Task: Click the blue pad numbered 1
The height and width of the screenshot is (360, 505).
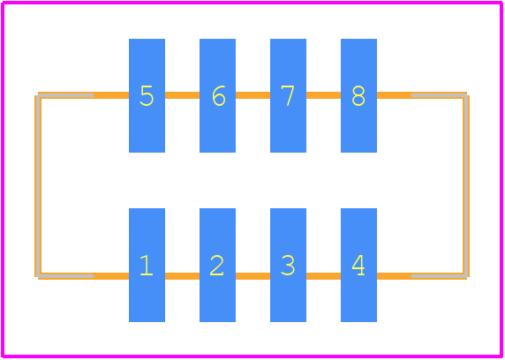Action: pos(147,265)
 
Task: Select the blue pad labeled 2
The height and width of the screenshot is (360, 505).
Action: pos(217,265)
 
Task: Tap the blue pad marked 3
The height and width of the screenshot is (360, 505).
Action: pos(288,265)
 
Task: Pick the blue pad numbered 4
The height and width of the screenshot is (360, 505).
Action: pos(358,265)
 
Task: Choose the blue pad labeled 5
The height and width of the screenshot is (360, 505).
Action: pos(147,95)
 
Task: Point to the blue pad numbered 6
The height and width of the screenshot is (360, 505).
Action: pos(217,95)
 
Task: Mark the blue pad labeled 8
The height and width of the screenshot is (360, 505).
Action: pos(358,95)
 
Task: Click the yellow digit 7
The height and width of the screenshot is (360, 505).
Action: pos(288,95)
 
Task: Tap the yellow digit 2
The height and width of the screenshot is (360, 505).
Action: pos(217,265)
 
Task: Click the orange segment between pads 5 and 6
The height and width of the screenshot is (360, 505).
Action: pos(182,95)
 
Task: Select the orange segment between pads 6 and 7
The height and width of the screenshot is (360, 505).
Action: pos(253,95)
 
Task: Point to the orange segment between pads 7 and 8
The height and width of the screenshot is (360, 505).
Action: pos(323,95)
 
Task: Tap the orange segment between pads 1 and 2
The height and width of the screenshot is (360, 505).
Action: pos(182,276)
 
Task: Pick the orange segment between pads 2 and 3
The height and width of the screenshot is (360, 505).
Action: pos(253,276)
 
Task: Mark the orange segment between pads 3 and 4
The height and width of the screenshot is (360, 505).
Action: pos(323,276)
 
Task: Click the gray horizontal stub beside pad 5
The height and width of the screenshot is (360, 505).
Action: pos(65,95)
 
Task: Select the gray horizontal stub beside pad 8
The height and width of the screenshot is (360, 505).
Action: pos(440,95)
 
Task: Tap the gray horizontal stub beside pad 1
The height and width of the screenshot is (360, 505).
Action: pos(65,276)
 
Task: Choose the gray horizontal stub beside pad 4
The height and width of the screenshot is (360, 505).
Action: pos(440,276)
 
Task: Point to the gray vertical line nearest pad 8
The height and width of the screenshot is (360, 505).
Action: pos(465,186)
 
